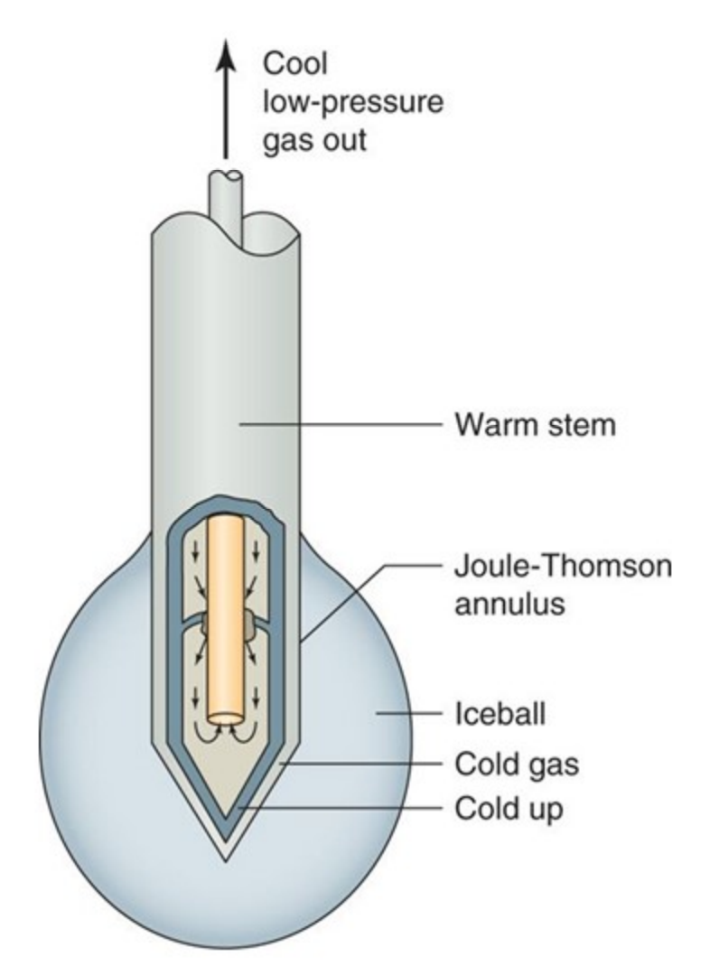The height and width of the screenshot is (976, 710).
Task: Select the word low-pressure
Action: click(x=352, y=103)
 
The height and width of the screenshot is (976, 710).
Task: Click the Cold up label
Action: click(x=508, y=806)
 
